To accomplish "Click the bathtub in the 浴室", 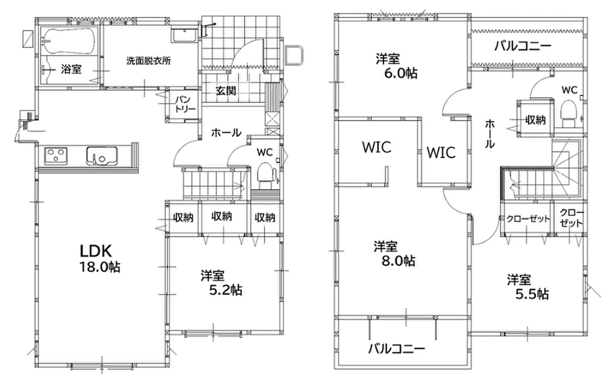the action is pos(70,41).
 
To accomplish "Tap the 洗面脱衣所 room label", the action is pos(148,61).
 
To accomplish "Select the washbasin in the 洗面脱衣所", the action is pos(184,35).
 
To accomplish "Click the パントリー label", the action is pos(185,104).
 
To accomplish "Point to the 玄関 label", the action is pos(226,91).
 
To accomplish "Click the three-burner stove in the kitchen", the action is pos(56,156).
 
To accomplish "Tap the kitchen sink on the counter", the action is pos(102,156).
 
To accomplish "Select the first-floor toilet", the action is pos(266,175).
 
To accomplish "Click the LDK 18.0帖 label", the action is pos(99,258).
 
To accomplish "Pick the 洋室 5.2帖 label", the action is pos(221,283).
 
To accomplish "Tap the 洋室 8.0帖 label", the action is pos(394,254).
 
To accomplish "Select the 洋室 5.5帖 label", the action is pos(527,287).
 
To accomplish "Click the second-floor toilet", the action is pos(569,113).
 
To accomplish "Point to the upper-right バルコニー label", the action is pos(523,45).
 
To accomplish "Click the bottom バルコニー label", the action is pos(397,348).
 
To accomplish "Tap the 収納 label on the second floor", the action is pos(536,120).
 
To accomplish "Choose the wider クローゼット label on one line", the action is pos(528,219).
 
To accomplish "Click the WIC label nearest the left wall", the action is pos(377,147).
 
